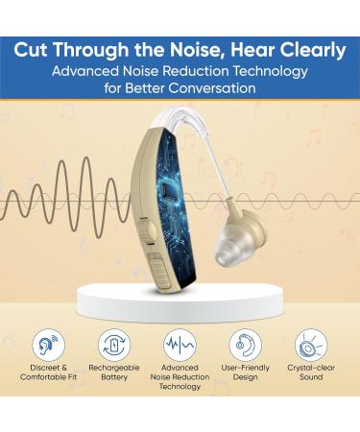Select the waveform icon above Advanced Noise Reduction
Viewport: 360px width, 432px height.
click(x=180, y=345)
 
